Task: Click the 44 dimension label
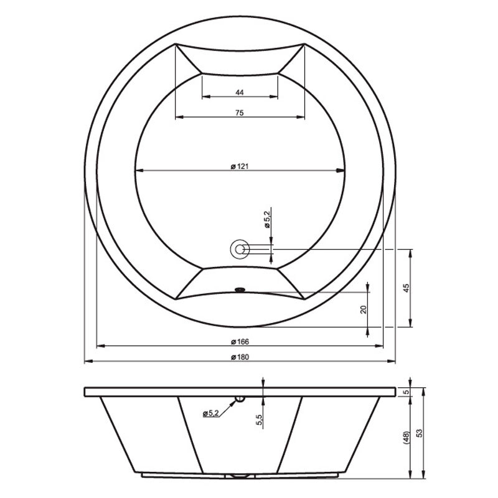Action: point(240,92)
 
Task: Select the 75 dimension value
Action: point(240,113)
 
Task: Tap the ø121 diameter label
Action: point(240,166)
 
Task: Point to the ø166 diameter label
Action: point(240,342)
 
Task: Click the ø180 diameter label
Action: point(240,357)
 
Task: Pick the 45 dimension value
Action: point(406,288)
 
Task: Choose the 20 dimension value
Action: point(364,309)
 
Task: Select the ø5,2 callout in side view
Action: point(211,413)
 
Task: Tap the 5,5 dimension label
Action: point(259,420)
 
